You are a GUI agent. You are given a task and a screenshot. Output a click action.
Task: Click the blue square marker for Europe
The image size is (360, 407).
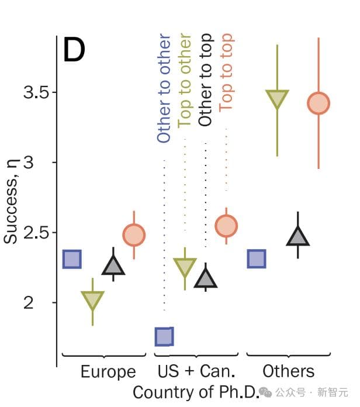(72, 258)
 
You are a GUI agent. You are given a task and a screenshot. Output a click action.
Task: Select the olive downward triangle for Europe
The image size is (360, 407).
(92, 299)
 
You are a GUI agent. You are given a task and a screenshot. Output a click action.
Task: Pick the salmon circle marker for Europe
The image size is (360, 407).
(134, 235)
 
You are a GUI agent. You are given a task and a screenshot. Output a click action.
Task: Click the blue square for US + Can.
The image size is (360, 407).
(164, 336)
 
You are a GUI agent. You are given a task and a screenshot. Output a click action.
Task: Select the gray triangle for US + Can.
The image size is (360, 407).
(205, 279)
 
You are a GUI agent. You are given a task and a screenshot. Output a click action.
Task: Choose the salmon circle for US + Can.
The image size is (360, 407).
(226, 225)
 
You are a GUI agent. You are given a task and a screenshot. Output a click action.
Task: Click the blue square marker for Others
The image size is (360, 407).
(257, 258)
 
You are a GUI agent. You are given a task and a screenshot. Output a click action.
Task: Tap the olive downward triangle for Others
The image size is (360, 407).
(277, 98)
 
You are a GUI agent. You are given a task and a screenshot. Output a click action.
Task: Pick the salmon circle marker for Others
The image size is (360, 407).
(319, 104)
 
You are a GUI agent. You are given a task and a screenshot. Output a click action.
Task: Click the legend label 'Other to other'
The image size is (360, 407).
(164, 88)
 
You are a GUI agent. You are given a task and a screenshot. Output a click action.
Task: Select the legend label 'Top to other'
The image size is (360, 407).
(185, 81)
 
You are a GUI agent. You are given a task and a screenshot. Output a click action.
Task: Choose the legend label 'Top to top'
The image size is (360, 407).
(226, 73)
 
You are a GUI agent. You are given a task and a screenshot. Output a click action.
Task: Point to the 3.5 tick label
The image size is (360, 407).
(36, 92)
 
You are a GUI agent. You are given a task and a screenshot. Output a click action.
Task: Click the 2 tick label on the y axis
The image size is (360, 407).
(45, 303)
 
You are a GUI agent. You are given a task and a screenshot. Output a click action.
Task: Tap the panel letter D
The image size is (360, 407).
(74, 50)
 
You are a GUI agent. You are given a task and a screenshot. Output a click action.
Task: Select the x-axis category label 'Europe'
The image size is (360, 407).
(108, 372)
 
